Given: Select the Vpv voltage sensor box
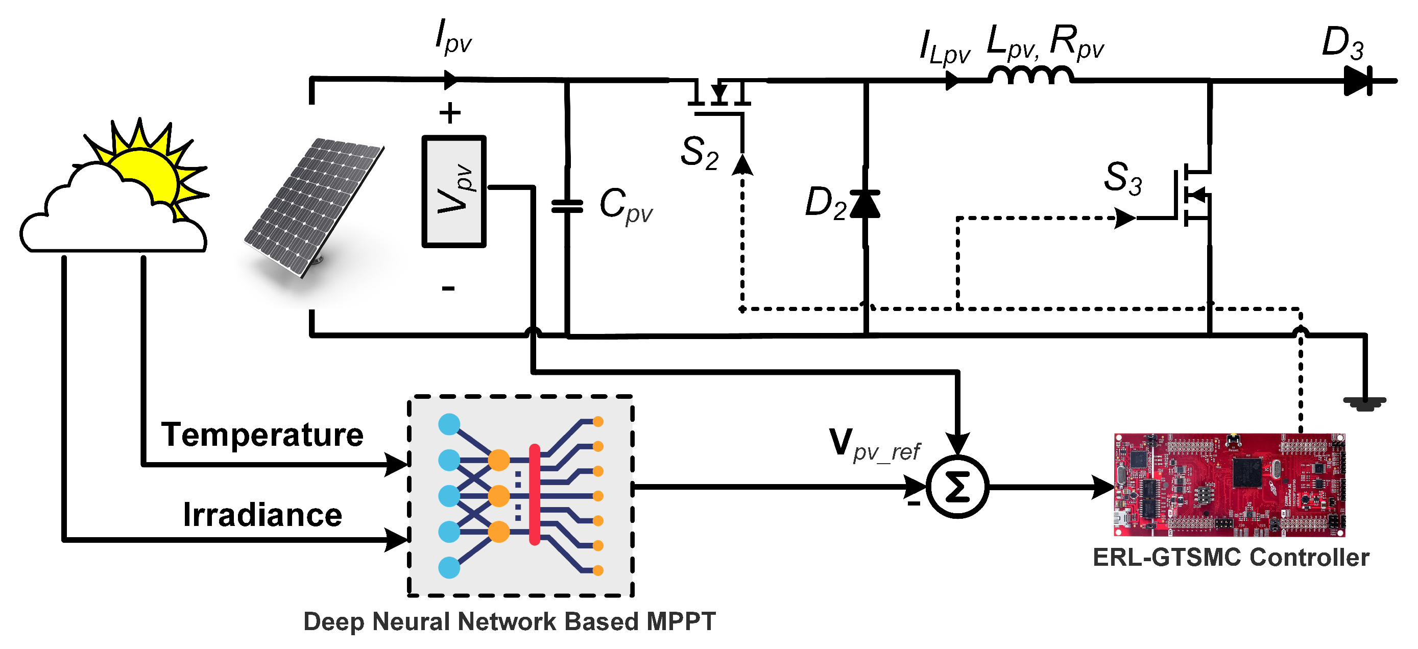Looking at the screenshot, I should point(453,191).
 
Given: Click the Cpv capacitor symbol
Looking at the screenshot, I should point(567,206).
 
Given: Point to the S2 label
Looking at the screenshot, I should point(699,153).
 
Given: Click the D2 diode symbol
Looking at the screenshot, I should point(865,204).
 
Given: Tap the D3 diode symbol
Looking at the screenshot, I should point(1357,81).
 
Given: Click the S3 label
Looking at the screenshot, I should point(1123,178).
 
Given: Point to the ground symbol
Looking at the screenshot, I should point(1364,403).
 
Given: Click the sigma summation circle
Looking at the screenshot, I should point(957,487).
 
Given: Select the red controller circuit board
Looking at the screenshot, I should point(1229,485).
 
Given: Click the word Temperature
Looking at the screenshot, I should point(262,435).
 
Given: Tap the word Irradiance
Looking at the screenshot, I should point(262,515).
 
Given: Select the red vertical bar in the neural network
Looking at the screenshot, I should point(534,494).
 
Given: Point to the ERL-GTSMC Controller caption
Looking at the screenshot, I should point(1230,557).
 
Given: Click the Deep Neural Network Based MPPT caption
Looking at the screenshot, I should point(509,621).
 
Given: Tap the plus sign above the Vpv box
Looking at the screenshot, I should point(450,113).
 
